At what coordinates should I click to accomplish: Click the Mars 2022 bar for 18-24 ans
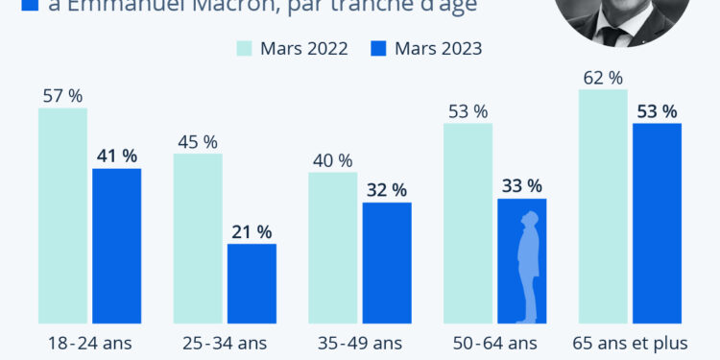click(x=62, y=215)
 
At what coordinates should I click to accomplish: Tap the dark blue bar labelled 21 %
click(x=252, y=283)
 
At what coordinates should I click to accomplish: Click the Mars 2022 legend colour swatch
click(x=244, y=48)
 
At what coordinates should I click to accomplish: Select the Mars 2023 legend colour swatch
click(x=378, y=48)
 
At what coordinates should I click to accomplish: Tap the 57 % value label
click(x=62, y=95)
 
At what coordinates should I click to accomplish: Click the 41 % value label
click(x=116, y=156)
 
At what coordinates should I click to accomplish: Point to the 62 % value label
click(x=603, y=77)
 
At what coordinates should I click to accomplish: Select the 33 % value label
click(x=521, y=185)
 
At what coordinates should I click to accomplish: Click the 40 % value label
click(x=333, y=160)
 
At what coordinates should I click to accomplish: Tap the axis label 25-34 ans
click(x=225, y=343)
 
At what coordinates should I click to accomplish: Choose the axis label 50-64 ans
click(x=494, y=343)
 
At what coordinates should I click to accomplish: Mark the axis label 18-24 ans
click(x=89, y=343)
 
